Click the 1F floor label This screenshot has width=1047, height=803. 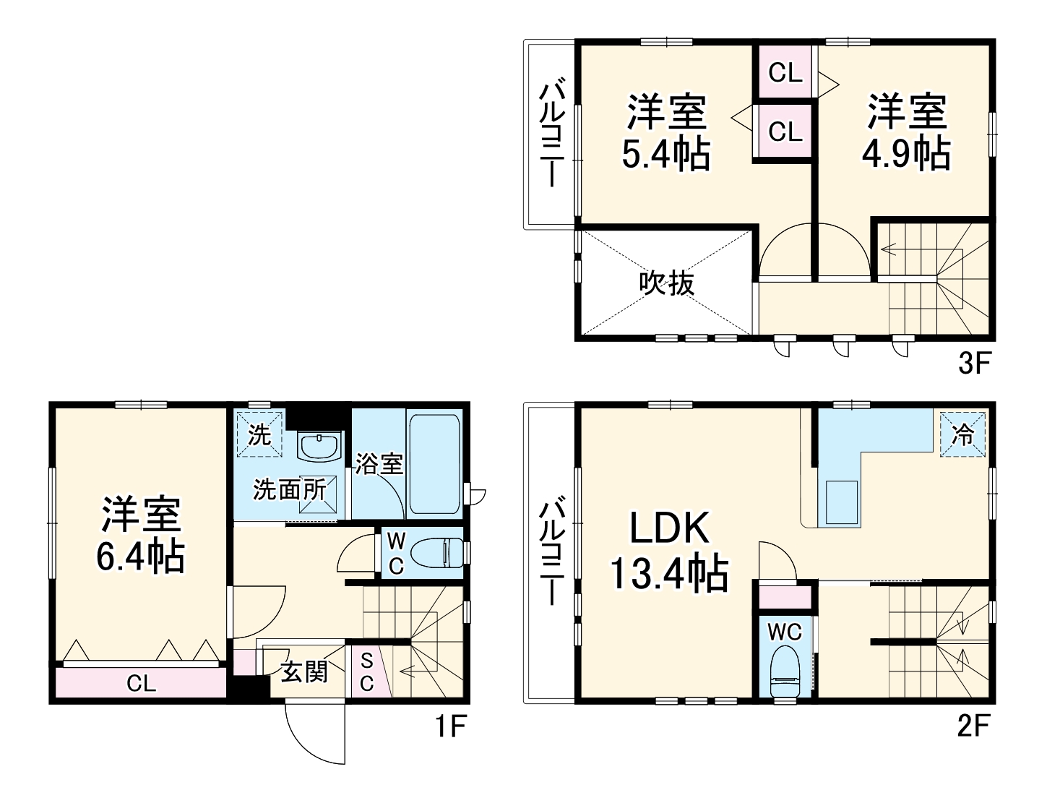tap(449, 726)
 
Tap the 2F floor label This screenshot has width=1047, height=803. tap(973, 726)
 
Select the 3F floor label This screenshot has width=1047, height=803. tap(973, 363)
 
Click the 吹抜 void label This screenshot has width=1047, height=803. tap(666, 283)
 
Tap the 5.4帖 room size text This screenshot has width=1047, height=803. tap(666, 154)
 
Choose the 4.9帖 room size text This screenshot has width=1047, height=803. tap(906, 154)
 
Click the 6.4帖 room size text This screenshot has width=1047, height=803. tap(140, 557)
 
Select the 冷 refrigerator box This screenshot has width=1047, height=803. tap(963, 434)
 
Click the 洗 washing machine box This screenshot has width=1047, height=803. tap(259, 434)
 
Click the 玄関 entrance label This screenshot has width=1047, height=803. tap(304, 671)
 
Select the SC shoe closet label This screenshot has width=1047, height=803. tap(366, 671)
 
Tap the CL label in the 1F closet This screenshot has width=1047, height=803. tap(141, 683)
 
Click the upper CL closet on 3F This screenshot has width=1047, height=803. tap(785, 72)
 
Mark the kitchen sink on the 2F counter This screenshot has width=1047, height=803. tap(840, 502)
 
